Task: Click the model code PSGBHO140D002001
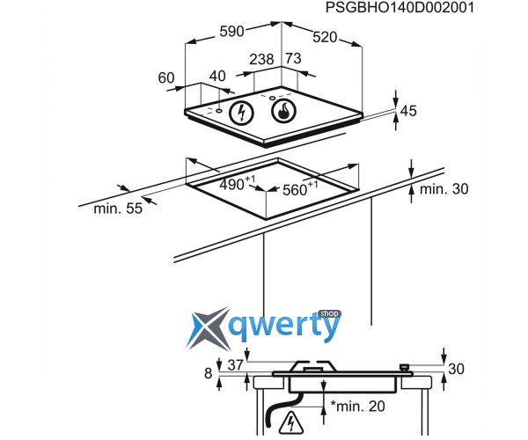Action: (x=400, y=8)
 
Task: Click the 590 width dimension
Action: (x=231, y=32)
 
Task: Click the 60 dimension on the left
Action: (x=166, y=77)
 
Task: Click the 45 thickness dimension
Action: (x=408, y=112)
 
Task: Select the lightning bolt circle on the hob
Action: (x=240, y=113)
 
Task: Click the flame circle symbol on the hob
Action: (x=283, y=112)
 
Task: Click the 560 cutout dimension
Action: (x=303, y=189)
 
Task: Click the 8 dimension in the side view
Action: (x=209, y=373)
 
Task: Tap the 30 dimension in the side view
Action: (x=455, y=370)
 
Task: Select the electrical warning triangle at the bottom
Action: (x=289, y=427)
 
